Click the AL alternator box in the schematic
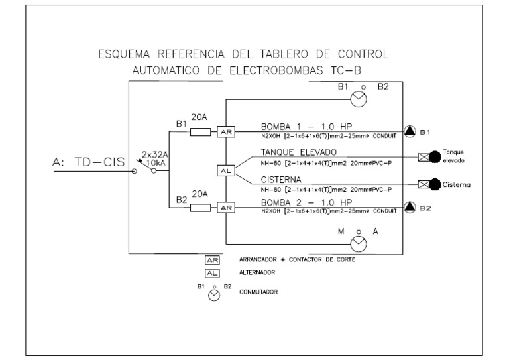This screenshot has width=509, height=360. point(226,170)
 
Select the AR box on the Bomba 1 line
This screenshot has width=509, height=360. point(226,133)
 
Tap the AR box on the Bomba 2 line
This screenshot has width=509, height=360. point(226,208)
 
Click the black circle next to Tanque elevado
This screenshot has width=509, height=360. point(435,157)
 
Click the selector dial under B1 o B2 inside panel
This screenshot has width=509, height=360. point(358,99)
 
